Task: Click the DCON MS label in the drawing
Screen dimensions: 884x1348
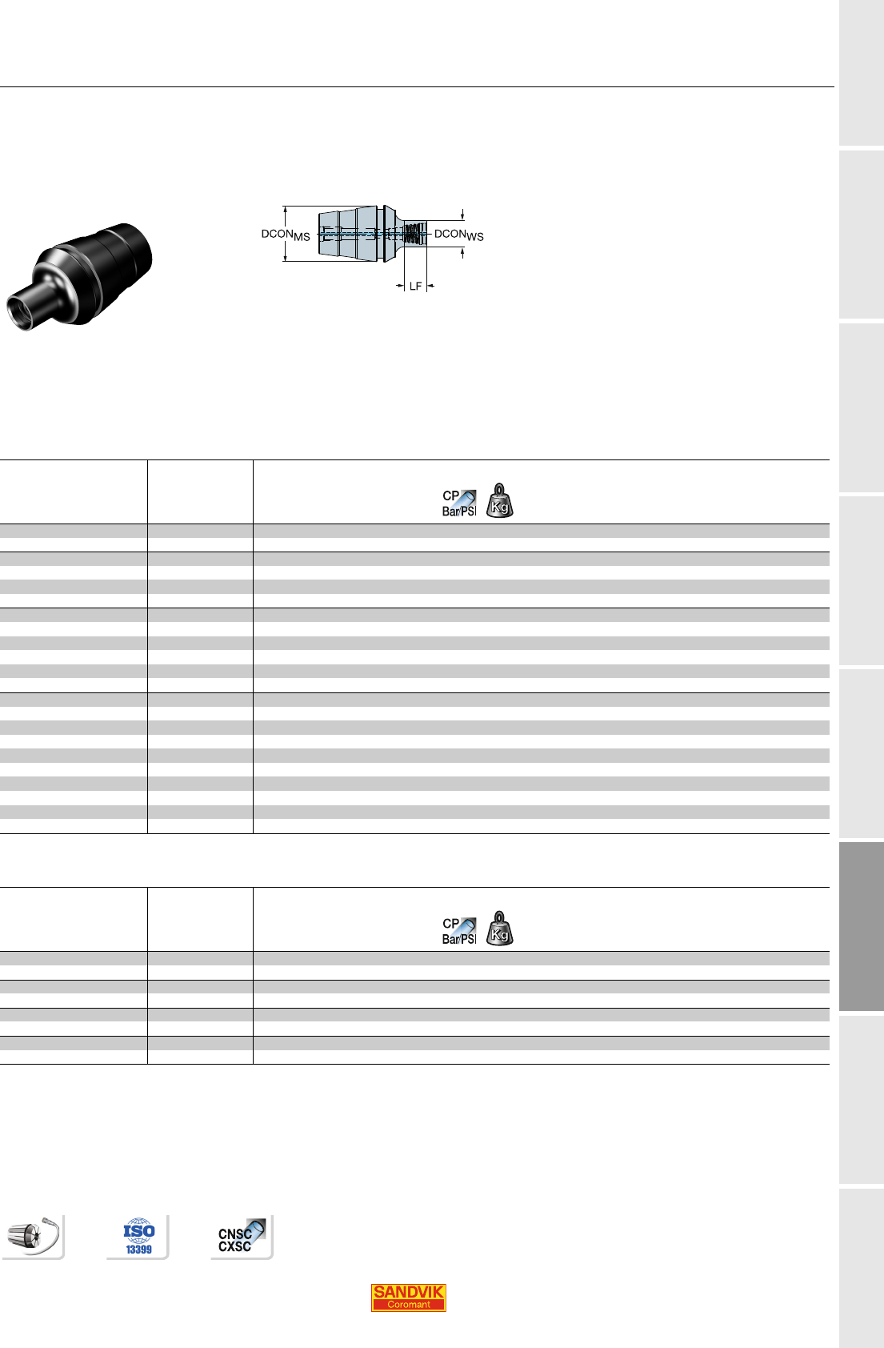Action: point(285,235)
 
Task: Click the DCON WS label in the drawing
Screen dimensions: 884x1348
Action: point(459,235)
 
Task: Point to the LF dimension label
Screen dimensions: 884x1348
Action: point(415,287)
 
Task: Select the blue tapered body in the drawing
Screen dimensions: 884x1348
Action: point(348,234)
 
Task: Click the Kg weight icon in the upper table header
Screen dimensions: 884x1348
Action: point(500,500)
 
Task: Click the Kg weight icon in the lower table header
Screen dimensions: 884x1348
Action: point(500,928)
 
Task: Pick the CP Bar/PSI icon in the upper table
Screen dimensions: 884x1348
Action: point(459,503)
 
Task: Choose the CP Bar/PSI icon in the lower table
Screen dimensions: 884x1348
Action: point(459,931)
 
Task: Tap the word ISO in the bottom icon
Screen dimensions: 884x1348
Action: point(139,1230)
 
